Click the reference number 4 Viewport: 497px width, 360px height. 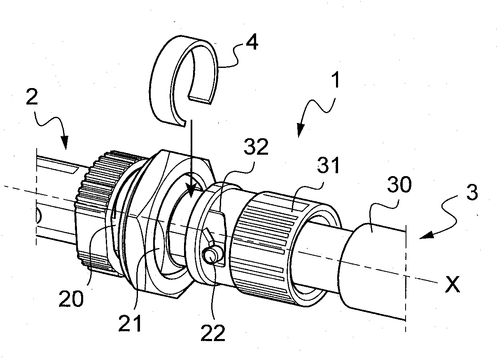click(252, 42)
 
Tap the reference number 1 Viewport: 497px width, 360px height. click(336, 79)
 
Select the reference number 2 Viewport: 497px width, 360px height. click(32, 96)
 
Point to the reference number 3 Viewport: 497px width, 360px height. click(472, 193)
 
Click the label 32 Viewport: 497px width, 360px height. click(256, 147)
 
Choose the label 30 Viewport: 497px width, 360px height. click(399, 184)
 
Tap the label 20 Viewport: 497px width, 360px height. click(71, 299)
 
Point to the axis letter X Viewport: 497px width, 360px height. click(453, 284)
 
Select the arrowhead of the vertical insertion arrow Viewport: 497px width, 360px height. click(191, 191)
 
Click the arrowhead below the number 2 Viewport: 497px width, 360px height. click(65, 144)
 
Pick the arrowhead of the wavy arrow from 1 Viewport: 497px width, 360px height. click(300, 131)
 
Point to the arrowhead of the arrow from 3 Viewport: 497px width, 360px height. click(426, 235)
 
